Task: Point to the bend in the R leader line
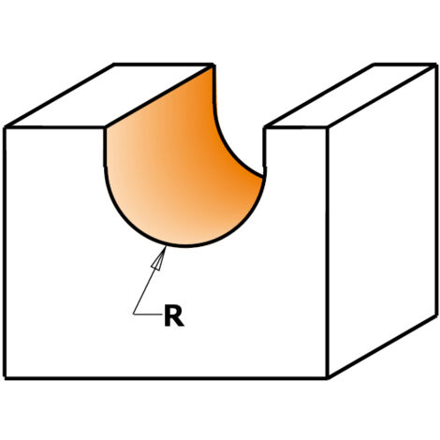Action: point(134,315)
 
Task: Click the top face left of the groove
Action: point(110,95)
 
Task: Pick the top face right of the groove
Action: point(350,95)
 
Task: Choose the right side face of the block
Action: point(382,221)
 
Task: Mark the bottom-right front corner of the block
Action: point(328,378)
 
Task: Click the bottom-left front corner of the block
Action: point(6,378)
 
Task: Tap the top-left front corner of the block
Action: point(6,127)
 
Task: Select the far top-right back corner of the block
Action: point(435,65)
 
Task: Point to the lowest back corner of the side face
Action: point(435,315)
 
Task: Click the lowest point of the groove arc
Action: point(185,246)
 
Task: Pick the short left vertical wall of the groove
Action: point(105,147)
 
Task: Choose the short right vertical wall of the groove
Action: point(265,147)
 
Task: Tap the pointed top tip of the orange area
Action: point(213,66)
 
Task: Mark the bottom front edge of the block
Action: point(167,378)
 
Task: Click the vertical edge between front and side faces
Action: point(328,253)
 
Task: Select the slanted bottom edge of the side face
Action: point(382,347)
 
